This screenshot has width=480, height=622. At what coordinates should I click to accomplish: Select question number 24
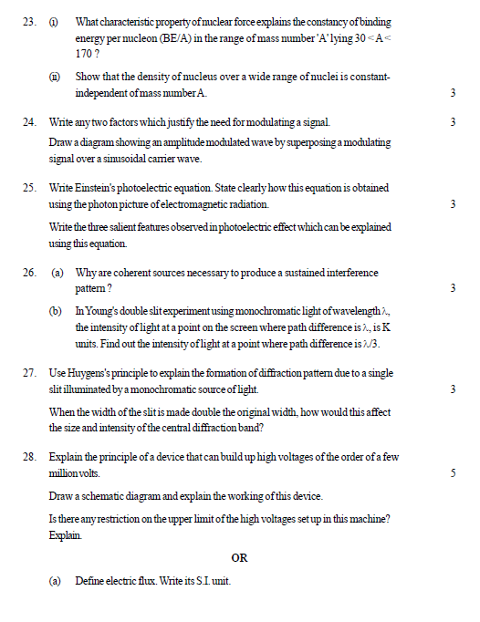(28, 121)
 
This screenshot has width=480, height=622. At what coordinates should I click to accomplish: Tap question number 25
(28, 187)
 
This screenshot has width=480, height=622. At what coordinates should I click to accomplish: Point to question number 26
(28, 272)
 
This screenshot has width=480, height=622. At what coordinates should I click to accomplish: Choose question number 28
(28, 456)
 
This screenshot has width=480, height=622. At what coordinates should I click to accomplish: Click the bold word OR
(239, 557)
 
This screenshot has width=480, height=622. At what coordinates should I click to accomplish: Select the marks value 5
(453, 473)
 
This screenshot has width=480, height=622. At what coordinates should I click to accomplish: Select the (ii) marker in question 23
(57, 78)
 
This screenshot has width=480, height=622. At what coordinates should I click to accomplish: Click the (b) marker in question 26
(57, 312)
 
